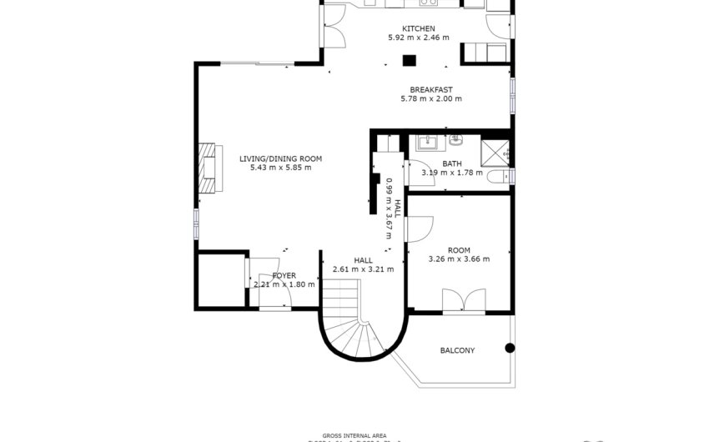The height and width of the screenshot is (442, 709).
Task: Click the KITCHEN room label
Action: click(418, 28)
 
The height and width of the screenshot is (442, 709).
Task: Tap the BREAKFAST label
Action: click(430, 89)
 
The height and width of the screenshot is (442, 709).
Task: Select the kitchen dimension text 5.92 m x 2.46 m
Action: click(418, 38)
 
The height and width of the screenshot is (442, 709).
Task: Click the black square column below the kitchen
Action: click(410, 59)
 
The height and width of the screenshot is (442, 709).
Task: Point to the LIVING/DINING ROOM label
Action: click(280, 158)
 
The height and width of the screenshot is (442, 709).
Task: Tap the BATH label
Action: click(452, 163)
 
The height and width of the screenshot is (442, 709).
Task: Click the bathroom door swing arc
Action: click(415, 170)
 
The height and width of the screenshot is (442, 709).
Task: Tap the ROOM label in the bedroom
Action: click(459, 250)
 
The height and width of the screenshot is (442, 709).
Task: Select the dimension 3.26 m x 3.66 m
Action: click(459, 259)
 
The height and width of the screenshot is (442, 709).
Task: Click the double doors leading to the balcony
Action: click(463, 300)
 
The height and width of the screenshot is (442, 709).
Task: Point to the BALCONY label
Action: click(457, 350)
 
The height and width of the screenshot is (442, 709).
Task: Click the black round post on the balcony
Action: click(510, 348)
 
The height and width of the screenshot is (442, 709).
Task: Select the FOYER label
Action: click(284, 275)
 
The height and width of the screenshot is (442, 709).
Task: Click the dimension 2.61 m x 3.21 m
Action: click(363, 269)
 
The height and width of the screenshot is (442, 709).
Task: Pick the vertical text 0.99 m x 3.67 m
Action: click(389, 204)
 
